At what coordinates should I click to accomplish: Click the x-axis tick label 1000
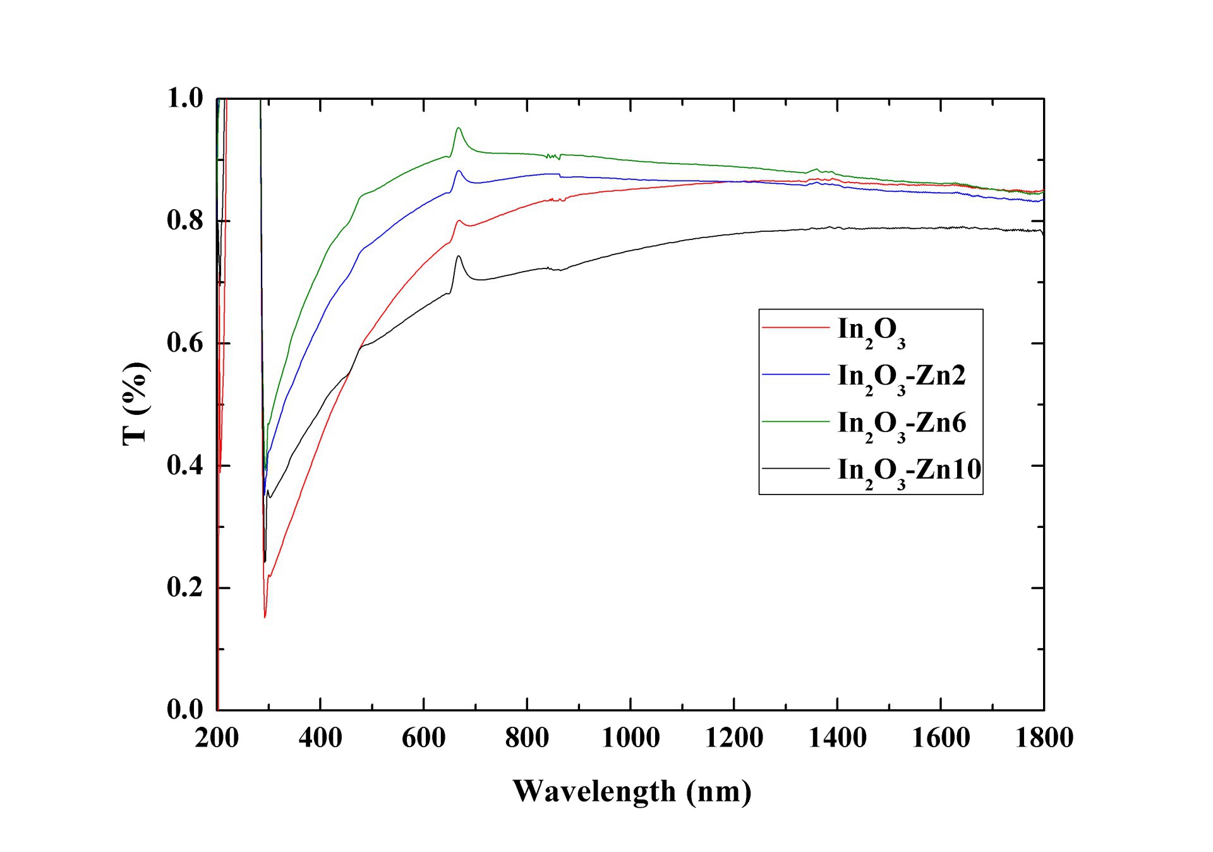(631, 738)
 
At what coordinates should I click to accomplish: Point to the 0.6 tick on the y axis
(184, 343)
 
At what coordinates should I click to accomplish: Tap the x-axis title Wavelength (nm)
(632, 791)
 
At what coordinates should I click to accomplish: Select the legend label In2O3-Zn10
(909, 471)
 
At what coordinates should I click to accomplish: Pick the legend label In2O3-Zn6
(902, 424)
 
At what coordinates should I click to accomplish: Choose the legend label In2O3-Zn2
(902, 377)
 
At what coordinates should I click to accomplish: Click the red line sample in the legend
(795, 328)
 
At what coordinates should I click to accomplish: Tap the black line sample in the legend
(795, 469)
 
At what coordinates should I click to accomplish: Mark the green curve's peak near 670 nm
(459, 128)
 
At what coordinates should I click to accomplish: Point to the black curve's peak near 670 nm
(459, 256)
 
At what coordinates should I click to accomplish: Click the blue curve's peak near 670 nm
(459, 171)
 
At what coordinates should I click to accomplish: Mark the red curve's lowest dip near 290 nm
(265, 616)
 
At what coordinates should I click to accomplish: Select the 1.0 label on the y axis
(184, 99)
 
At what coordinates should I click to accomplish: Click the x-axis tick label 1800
(1044, 738)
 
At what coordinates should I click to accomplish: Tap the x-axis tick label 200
(217, 738)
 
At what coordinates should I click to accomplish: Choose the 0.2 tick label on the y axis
(184, 587)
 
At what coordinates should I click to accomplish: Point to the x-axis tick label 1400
(837, 738)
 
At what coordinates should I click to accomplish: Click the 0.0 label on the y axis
(184, 709)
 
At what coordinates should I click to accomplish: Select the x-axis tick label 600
(423, 738)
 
